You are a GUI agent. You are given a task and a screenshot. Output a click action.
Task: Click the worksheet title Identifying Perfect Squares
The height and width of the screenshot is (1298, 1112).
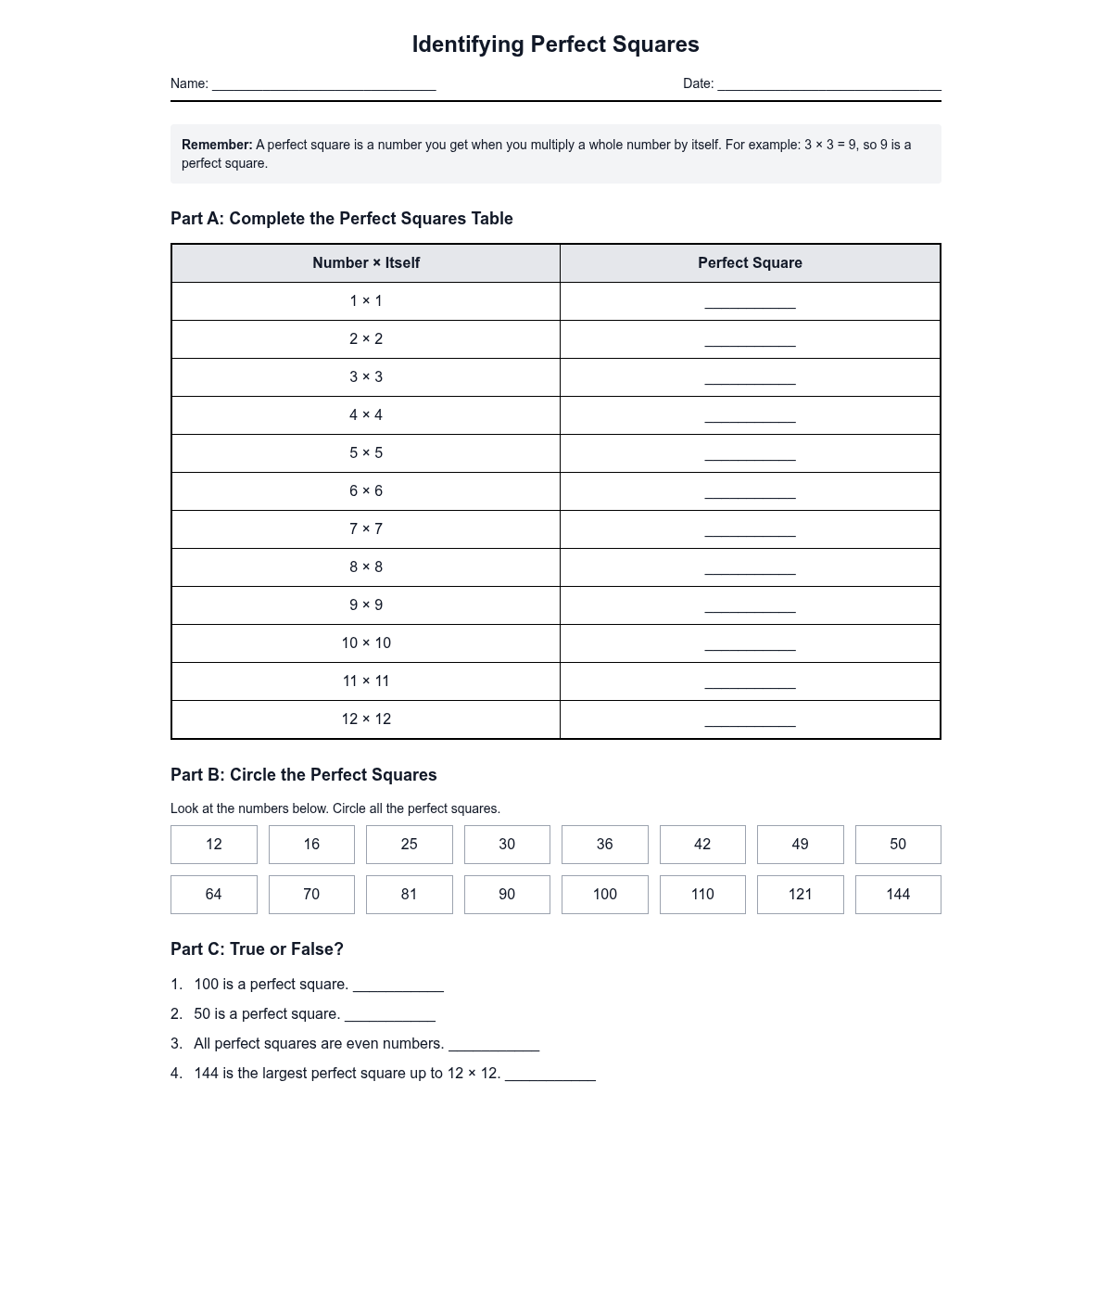[555, 45]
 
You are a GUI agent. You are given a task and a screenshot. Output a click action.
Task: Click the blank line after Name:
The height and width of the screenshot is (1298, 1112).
[323, 84]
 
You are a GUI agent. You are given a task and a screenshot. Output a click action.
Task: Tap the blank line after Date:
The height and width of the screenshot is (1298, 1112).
[828, 84]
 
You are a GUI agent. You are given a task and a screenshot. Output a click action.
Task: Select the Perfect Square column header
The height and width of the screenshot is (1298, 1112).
[750, 263]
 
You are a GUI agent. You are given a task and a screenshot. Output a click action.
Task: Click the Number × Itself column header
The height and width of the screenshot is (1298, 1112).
[366, 263]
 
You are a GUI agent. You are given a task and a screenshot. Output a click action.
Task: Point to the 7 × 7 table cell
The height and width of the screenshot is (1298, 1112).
[366, 528]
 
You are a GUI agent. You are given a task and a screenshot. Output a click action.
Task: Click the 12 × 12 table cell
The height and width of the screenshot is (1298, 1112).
[366, 719]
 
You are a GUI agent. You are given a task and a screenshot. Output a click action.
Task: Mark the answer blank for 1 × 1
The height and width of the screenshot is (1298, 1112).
[750, 301]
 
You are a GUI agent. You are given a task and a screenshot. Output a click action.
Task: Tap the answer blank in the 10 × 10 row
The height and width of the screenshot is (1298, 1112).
[750, 643]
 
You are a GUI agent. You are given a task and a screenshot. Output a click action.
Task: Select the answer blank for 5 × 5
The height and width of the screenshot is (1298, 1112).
[750, 453]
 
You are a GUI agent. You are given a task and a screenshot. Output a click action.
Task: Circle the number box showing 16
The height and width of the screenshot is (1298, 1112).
[311, 845]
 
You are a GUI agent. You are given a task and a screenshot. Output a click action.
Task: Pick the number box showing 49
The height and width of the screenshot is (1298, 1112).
[800, 845]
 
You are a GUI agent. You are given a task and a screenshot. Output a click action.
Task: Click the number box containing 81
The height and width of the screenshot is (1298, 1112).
[409, 895]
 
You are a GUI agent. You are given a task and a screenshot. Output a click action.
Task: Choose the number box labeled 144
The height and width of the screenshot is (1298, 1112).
[897, 895]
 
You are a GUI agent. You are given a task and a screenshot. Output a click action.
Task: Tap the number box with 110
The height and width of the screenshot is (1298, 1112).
[702, 895]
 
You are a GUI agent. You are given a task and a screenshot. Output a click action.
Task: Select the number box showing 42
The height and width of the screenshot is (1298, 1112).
[702, 845]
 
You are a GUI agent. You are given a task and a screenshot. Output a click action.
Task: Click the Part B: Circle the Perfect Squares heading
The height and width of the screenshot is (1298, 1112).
[303, 775]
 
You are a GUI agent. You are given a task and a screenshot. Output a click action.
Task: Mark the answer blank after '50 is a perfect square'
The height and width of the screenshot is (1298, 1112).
[390, 1015]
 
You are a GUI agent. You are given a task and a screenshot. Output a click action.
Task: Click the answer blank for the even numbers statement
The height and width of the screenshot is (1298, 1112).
[494, 1045]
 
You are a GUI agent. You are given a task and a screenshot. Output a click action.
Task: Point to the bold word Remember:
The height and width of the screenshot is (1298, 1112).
[217, 145]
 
